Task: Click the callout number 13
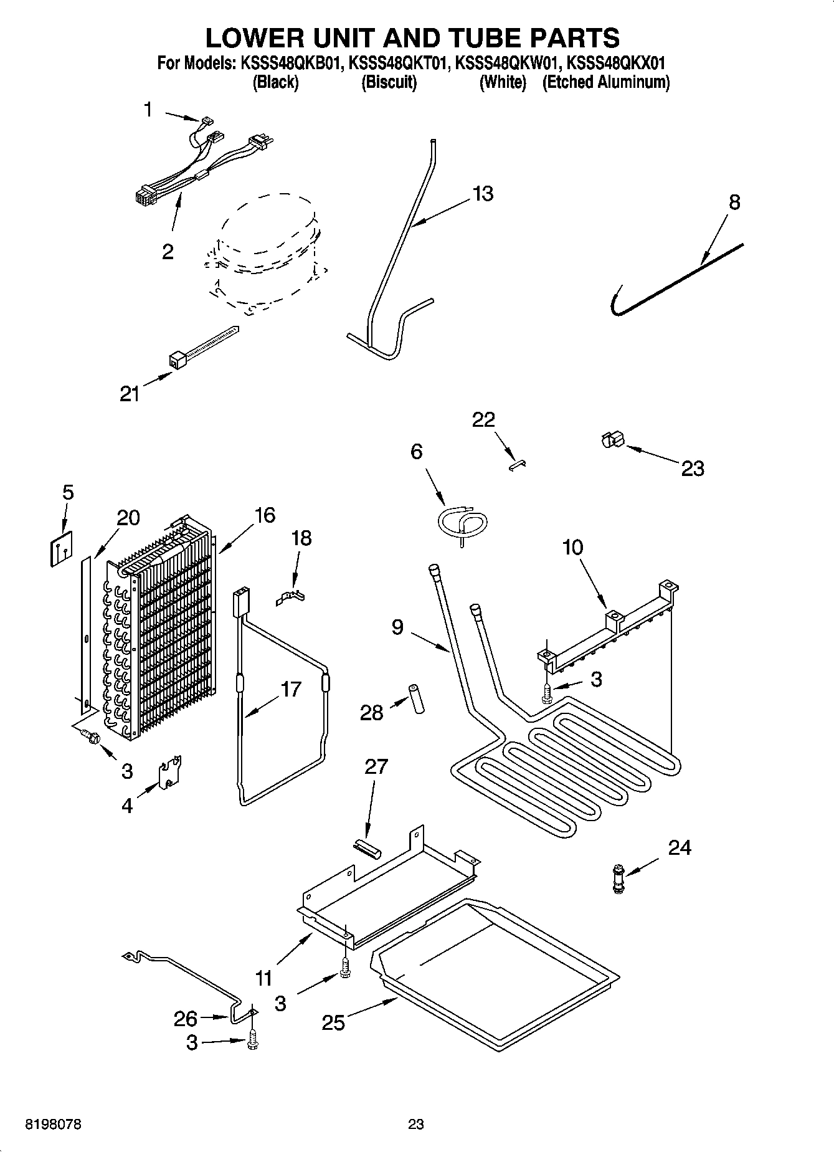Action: (483, 194)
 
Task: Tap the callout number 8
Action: (734, 202)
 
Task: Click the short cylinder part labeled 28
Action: (415, 699)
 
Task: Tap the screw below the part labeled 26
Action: (252, 1041)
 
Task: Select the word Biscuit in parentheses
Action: (389, 82)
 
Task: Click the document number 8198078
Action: (53, 1124)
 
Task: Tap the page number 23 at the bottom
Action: (415, 1124)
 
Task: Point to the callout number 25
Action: (333, 1022)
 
